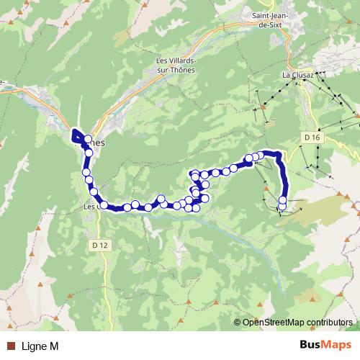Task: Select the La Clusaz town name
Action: (297, 73)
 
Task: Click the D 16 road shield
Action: (311, 137)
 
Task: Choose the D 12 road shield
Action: (100, 245)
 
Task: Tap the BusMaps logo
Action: (326, 346)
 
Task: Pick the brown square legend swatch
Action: (11, 346)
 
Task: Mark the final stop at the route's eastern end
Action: (282, 207)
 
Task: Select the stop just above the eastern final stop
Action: (282, 200)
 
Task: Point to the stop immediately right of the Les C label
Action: (104, 205)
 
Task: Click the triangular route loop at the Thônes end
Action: (76, 134)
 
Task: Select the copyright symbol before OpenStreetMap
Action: (238, 323)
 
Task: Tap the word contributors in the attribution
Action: (329, 323)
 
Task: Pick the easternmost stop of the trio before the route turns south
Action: (262, 155)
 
